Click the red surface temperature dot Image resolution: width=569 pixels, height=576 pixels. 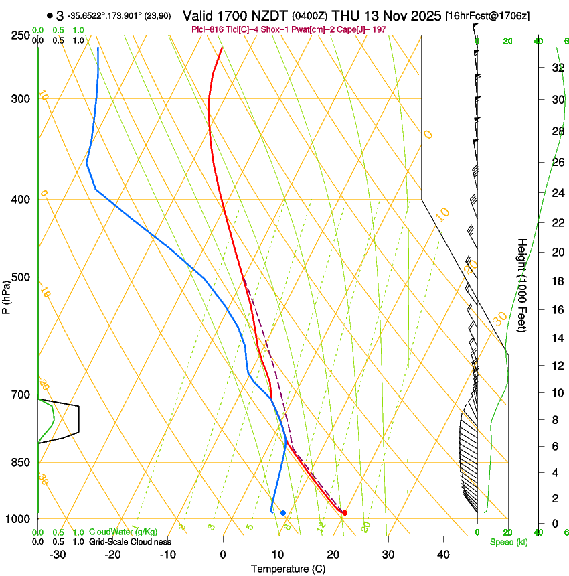(x=345, y=513)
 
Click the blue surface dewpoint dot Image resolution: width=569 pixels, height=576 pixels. (x=283, y=513)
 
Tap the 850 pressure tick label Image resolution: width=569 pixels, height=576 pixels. (x=21, y=462)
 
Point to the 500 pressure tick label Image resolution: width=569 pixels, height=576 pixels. (x=21, y=277)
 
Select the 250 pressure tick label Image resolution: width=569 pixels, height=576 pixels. (x=21, y=35)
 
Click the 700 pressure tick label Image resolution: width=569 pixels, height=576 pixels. (x=21, y=395)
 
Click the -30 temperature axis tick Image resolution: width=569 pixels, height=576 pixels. (x=58, y=554)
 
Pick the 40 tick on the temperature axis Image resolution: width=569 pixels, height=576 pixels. (x=442, y=554)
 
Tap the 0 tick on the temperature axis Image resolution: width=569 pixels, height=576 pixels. (x=223, y=554)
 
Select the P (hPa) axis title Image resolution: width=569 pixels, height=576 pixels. (x=7, y=295)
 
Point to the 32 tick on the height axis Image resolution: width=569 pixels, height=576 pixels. (x=556, y=68)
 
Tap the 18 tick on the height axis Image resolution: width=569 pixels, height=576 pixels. (x=556, y=281)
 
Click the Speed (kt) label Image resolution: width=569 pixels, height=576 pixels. (x=509, y=542)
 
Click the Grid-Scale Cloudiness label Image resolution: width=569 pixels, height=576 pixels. (x=130, y=542)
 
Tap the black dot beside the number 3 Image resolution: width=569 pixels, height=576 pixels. (x=50, y=15)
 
